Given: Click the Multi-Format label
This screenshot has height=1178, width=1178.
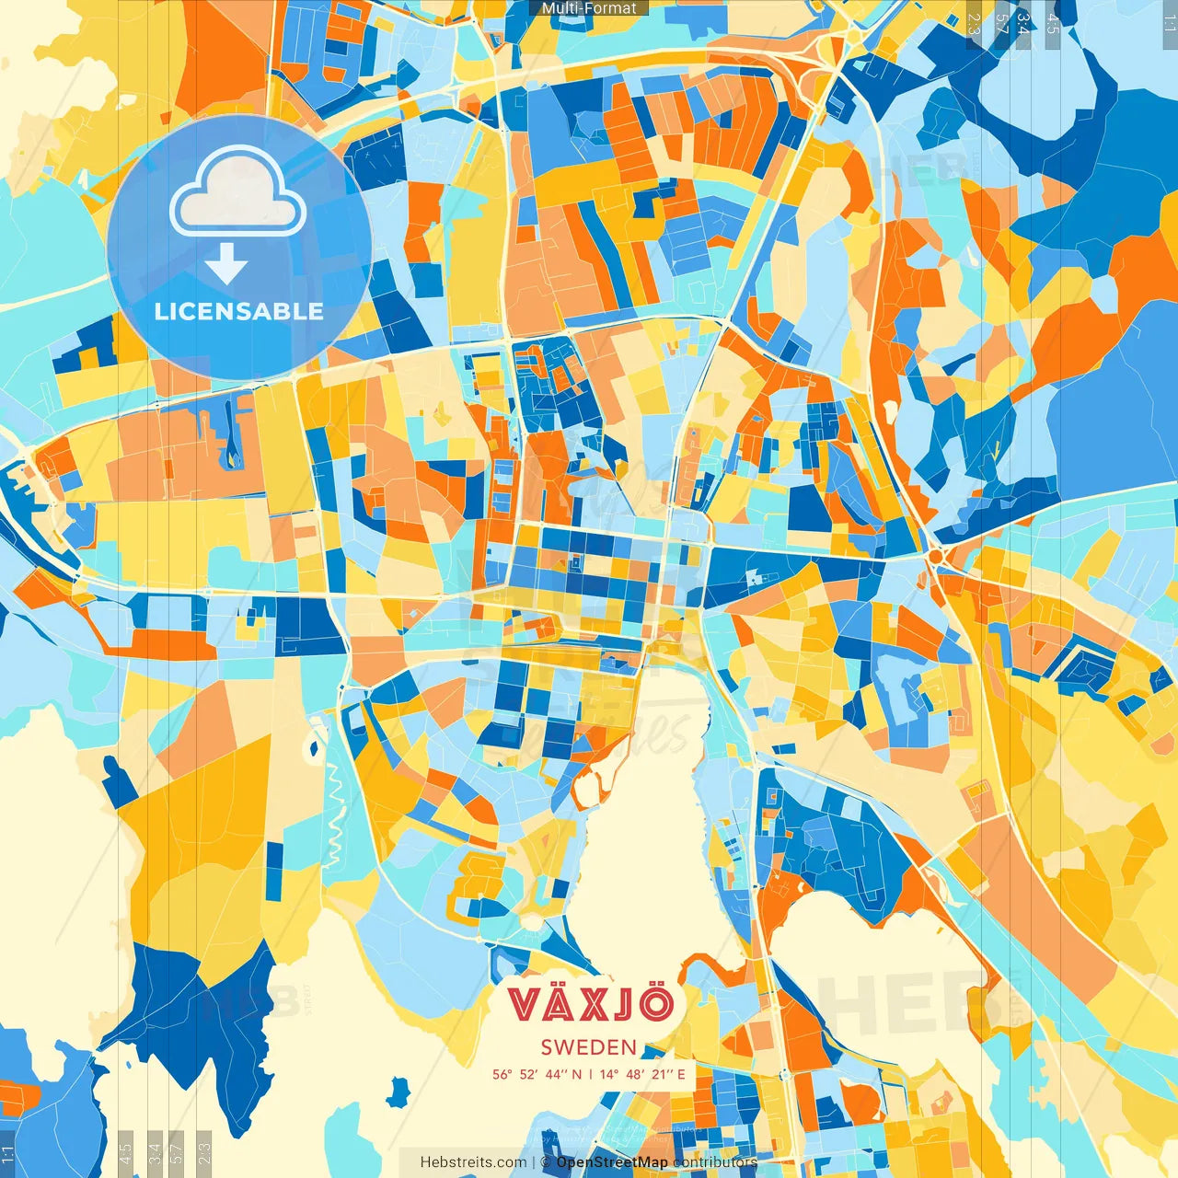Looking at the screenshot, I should click(x=589, y=8).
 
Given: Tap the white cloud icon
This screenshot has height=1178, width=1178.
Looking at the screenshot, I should click(x=238, y=194).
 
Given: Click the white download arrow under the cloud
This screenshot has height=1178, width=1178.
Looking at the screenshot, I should click(x=226, y=264).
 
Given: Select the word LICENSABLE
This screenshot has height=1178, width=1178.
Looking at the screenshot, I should click(x=239, y=311).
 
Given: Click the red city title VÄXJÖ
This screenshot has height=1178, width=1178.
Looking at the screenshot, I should click(x=591, y=1004).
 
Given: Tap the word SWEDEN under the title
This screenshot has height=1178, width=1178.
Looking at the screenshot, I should click(x=589, y=1047).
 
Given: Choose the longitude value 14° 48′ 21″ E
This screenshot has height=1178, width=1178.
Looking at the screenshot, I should click(x=643, y=1074).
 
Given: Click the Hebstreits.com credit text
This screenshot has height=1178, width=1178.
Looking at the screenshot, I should click(x=473, y=1162).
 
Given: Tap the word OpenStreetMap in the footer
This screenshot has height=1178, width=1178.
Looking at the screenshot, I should click(x=612, y=1162).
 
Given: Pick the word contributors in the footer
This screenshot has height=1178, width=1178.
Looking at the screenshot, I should click(x=715, y=1162).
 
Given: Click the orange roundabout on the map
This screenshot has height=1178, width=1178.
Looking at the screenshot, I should click(x=937, y=557).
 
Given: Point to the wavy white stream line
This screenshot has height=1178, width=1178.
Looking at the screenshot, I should click(x=333, y=810).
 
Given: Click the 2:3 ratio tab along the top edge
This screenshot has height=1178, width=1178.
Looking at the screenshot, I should click(x=975, y=24).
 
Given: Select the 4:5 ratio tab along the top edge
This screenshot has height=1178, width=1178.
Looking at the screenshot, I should click(x=1053, y=24).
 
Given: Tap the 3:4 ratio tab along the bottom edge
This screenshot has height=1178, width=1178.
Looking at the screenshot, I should click(x=155, y=1153).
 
